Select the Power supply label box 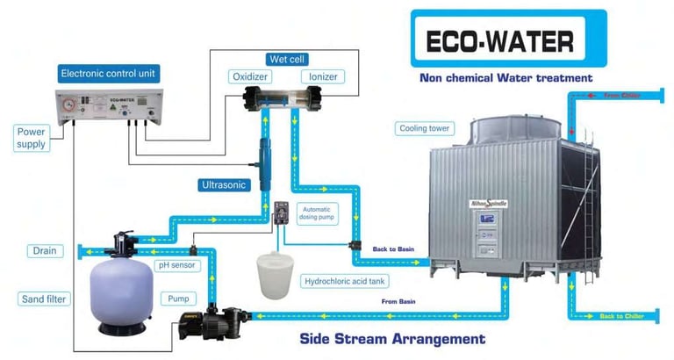pyautogui.click(x=32, y=138)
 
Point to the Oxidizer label pyautogui.click(x=249, y=76)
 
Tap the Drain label pyautogui.click(x=45, y=251)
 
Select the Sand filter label pyautogui.click(x=45, y=299)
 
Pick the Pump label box pyautogui.click(x=178, y=299)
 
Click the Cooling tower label pyautogui.click(x=427, y=128)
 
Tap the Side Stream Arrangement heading pyautogui.click(x=391, y=338)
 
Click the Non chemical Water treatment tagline pyautogui.click(x=506, y=78)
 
